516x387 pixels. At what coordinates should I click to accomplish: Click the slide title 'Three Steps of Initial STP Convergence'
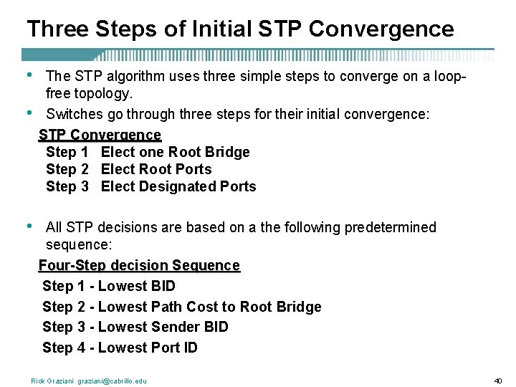click(240, 29)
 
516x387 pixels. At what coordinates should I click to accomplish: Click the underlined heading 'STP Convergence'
click(100, 135)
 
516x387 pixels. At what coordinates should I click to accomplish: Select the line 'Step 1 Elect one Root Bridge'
click(148, 152)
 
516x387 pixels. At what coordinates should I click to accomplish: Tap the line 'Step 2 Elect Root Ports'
click(129, 169)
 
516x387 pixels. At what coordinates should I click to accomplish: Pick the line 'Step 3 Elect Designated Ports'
click(150, 186)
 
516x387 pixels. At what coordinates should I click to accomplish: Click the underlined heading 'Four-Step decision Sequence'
click(139, 265)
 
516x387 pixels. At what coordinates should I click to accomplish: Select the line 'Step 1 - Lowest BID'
click(109, 286)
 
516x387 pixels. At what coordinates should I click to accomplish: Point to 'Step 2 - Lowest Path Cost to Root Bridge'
click(182, 307)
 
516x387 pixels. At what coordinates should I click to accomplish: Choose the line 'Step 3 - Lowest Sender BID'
click(135, 327)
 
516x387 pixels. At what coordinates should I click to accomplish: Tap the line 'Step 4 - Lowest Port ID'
click(120, 348)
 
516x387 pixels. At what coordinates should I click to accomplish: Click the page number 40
click(498, 381)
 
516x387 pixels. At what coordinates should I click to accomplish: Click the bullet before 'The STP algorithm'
click(28, 75)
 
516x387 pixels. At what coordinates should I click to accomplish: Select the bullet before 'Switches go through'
click(28, 113)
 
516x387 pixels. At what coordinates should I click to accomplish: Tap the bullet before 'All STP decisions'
click(28, 225)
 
